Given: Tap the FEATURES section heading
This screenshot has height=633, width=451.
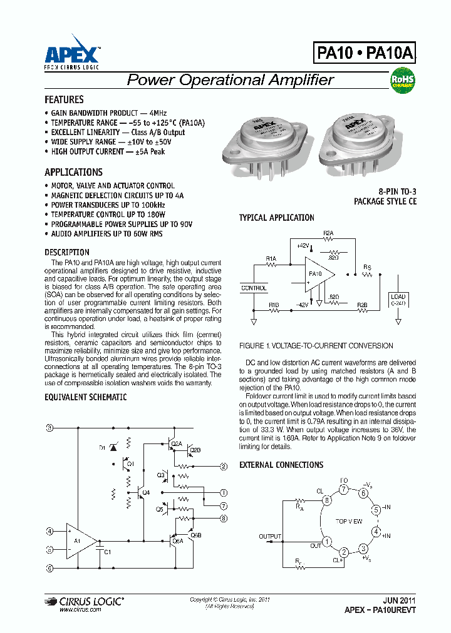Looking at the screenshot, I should click(64, 100).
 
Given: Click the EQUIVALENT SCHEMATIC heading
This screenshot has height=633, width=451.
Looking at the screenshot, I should click(85, 397).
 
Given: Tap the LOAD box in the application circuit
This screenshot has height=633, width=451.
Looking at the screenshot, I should click(398, 298).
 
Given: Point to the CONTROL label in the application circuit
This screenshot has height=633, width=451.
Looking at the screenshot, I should click(254, 288).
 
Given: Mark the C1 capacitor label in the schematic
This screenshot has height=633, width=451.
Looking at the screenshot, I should click(107, 552).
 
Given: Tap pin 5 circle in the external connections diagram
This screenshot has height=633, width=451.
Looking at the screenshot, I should click(376, 509).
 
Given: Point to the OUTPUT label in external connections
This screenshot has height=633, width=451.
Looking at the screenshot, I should click(271, 537).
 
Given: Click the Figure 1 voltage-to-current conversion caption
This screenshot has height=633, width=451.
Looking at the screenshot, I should click(316, 346).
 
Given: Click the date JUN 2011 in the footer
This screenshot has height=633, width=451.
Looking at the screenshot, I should click(399, 599).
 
